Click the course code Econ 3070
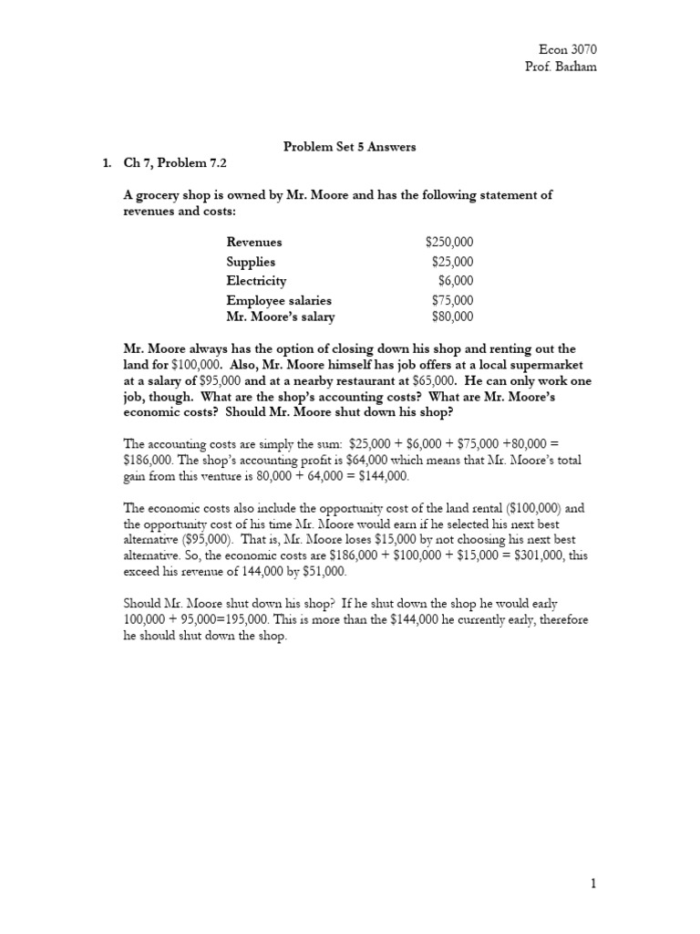(x=570, y=50)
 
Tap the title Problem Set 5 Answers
(x=350, y=147)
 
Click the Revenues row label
(x=254, y=242)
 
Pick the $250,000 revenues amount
(x=449, y=242)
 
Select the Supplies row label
(x=251, y=262)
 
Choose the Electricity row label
(x=256, y=281)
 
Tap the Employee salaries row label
(x=279, y=300)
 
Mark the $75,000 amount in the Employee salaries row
(x=453, y=300)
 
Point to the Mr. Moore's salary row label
(x=281, y=317)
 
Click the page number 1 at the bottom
(x=592, y=883)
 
